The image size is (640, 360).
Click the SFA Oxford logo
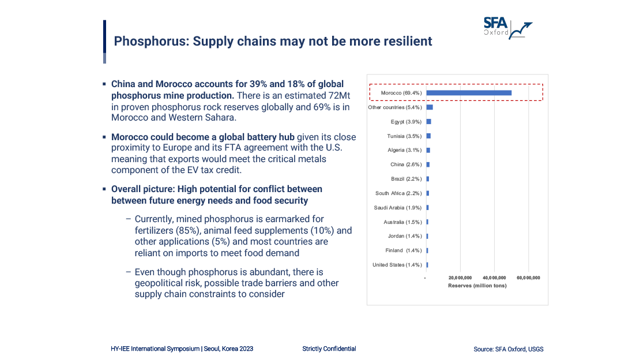pos(507,27)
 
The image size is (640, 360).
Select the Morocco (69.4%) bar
pos(469,93)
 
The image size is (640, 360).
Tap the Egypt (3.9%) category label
pos(406,122)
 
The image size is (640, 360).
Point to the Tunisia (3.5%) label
pos(405,136)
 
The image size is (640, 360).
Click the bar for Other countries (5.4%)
pos(430,107)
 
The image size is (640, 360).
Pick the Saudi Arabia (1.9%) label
pos(398,208)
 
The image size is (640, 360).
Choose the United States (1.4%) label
pos(397,265)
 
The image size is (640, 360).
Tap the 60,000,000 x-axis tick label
pos(528,278)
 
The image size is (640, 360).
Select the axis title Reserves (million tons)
pos(477,286)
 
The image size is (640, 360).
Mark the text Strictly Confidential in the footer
pos(329,348)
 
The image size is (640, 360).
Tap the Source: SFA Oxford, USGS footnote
pos(508,349)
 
